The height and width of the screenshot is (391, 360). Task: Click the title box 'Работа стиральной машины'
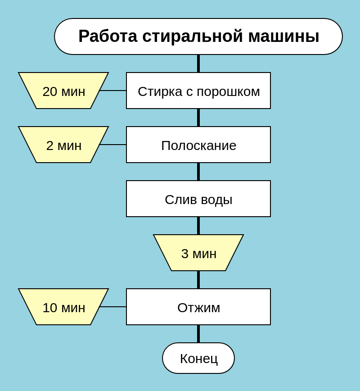tap(198, 36)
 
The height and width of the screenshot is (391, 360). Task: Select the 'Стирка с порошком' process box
tap(198, 91)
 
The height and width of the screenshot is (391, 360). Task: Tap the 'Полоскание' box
tap(198, 145)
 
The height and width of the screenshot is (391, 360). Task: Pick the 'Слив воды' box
tap(198, 199)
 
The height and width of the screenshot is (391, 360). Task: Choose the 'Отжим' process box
tap(198, 307)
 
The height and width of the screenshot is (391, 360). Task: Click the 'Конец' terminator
tap(198, 358)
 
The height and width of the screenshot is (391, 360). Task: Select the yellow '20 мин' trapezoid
tap(63, 91)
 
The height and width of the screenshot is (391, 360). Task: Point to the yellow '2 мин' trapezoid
tap(63, 145)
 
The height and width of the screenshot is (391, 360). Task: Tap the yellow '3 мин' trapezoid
tap(198, 253)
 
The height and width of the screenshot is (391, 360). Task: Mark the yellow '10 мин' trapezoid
tap(63, 307)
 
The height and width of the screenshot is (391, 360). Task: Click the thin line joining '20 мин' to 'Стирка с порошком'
tap(113, 91)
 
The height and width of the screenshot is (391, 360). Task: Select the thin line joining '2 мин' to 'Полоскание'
tap(113, 145)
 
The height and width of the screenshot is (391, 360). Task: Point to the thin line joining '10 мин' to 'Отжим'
tap(113, 307)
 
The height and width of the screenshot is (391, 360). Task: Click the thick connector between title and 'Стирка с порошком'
tap(198, 64)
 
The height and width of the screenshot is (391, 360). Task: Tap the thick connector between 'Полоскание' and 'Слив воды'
tap(198, 172)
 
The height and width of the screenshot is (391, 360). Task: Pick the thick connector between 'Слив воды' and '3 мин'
tap(198, 226)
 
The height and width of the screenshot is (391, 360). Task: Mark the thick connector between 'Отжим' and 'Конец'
tap(198, 334)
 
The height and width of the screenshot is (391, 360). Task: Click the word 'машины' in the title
tap(284, 36)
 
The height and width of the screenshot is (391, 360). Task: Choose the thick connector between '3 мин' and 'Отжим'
tap(198, 280)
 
